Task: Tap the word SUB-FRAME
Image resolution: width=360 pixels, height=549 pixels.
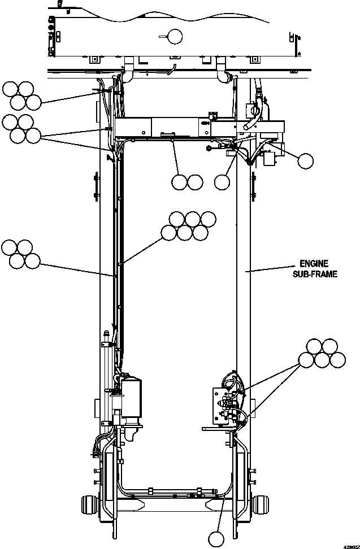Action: click(315, 274)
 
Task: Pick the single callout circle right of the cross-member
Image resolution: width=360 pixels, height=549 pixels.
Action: click(305, 161)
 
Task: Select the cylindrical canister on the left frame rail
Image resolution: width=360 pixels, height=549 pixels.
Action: click(131, 398)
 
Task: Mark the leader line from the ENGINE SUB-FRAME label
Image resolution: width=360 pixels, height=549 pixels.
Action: click(271, 271)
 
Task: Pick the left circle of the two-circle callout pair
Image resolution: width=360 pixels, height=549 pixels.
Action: click(180, 182)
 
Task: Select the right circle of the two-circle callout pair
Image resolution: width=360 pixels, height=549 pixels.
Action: click(195, 182)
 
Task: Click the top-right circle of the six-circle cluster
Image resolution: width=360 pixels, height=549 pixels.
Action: click(209, 219)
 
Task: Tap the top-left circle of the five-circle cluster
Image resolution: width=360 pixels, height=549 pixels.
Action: click(314, 346)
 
